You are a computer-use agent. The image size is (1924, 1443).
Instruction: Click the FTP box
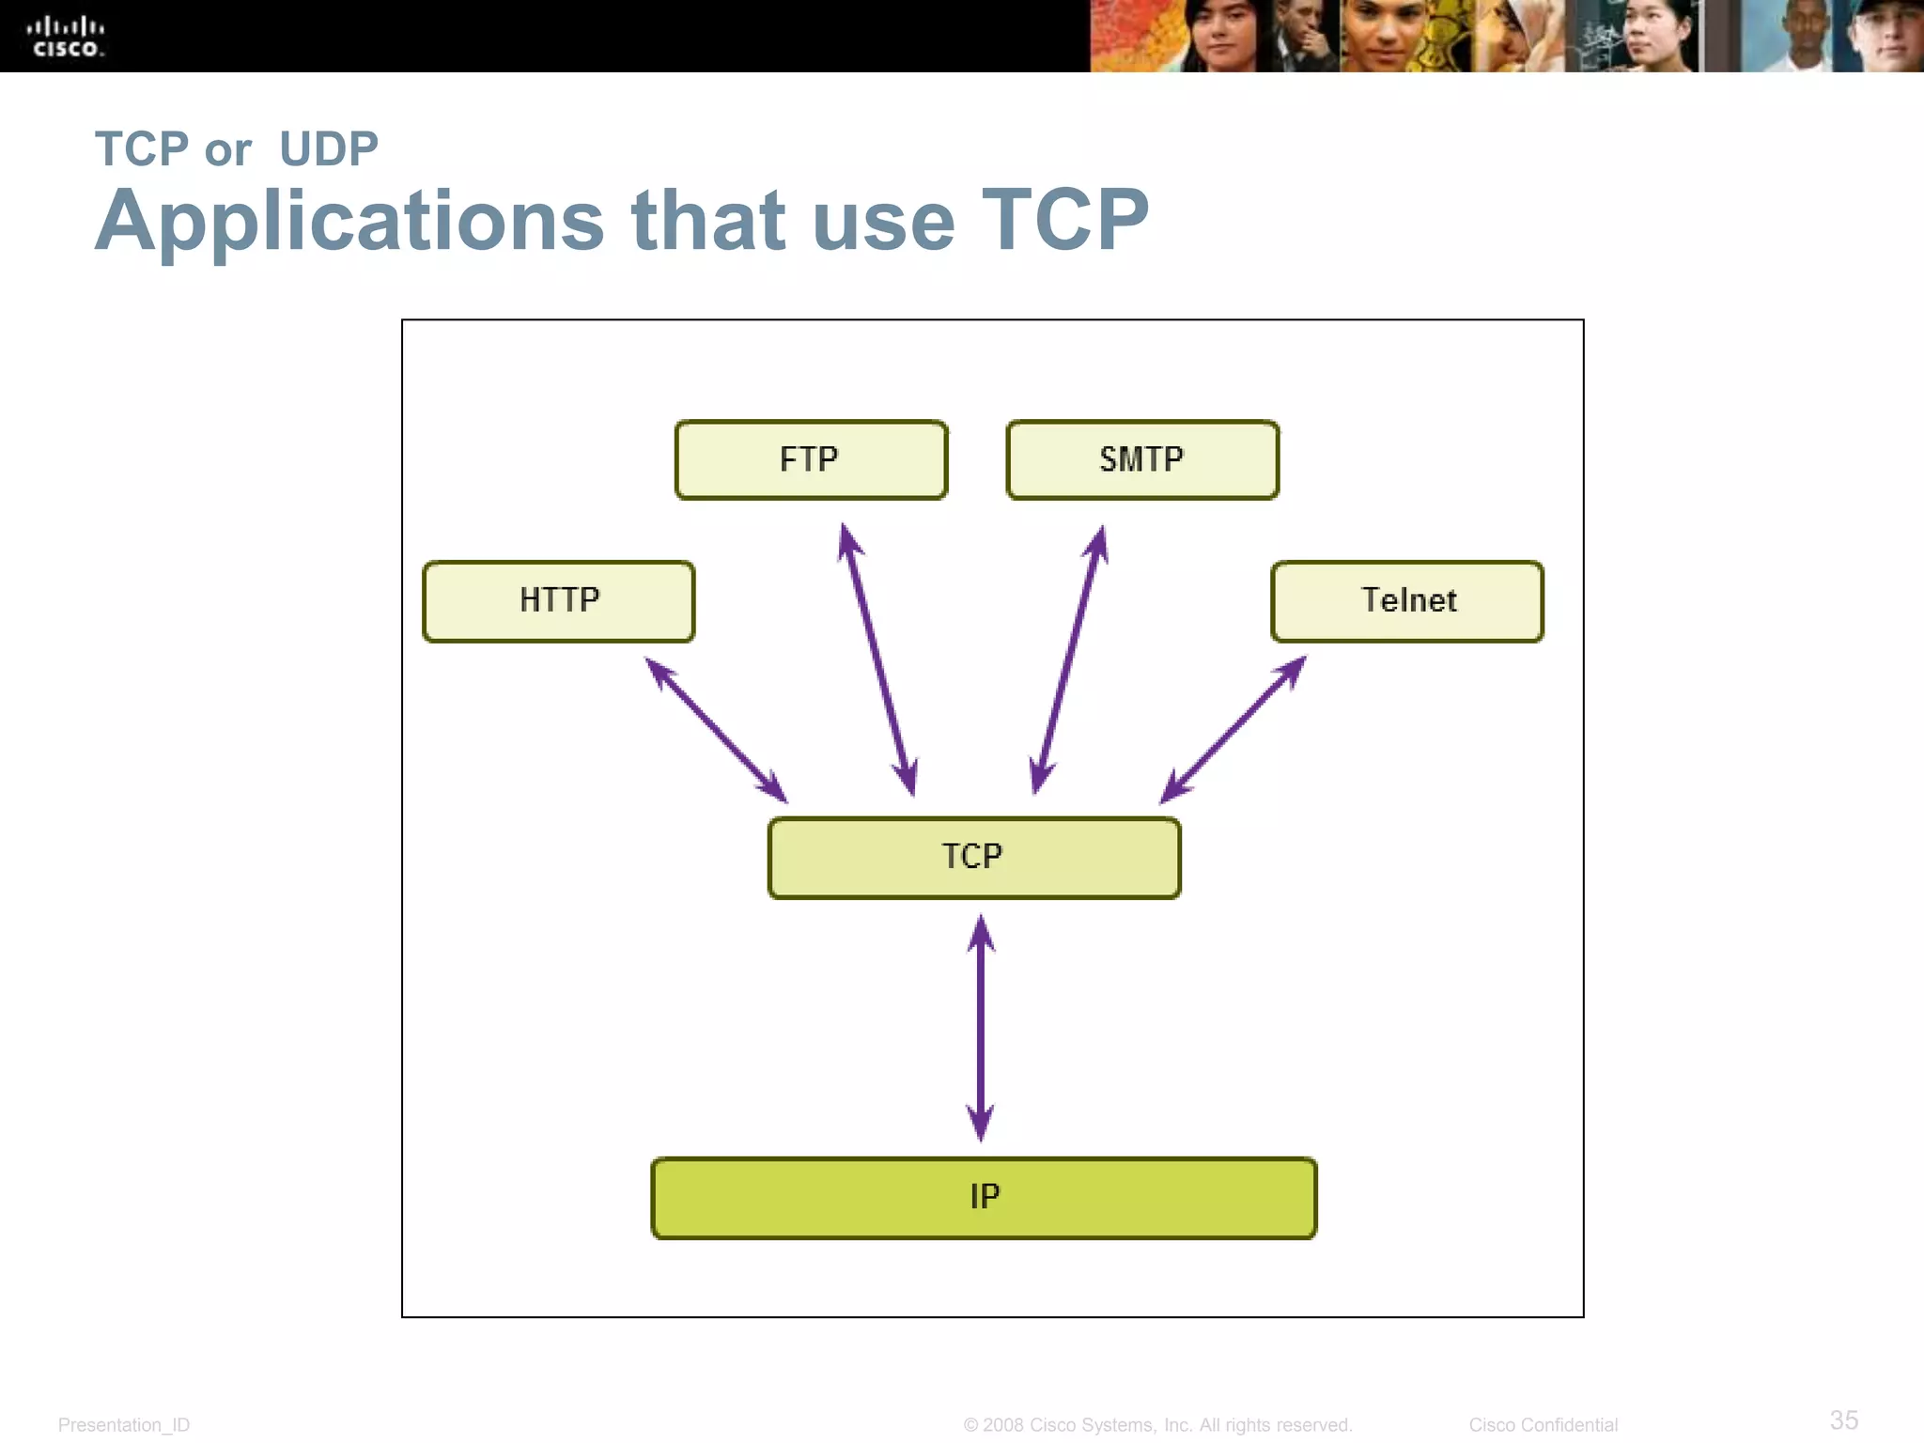[x=811, y=459]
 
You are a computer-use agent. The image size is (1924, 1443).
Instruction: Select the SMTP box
[x=1141, y=459]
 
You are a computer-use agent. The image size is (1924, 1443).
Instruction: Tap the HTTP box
[x=559, y=601]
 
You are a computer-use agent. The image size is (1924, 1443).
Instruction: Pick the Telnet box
[x=1406, y=601]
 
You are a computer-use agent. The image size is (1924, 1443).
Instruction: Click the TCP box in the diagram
[x=974, y=857]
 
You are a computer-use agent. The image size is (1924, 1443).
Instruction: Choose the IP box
[x=984, y=1198]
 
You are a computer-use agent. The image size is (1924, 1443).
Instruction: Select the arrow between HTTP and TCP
[x=716, y=730]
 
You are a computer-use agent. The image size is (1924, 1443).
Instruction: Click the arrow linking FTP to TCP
[x=877, y=660]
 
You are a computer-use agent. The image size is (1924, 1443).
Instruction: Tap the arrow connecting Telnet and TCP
[x=1233, y=730]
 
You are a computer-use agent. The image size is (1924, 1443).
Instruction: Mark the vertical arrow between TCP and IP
[x=981, y=1028]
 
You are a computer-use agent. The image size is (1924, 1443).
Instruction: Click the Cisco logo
[x=66, y=38]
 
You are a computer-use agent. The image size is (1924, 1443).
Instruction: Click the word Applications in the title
[x=349, y=222]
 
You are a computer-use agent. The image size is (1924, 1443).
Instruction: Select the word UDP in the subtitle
[x=329, y=149]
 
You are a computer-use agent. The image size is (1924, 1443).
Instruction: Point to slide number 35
[x=1843, y=1420]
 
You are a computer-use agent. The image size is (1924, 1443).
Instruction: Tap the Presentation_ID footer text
[x=124, y=1425]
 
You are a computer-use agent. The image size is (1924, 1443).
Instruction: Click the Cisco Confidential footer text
[x=1543, y=1425]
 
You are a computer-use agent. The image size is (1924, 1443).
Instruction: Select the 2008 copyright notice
[x=1157, y=1425]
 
